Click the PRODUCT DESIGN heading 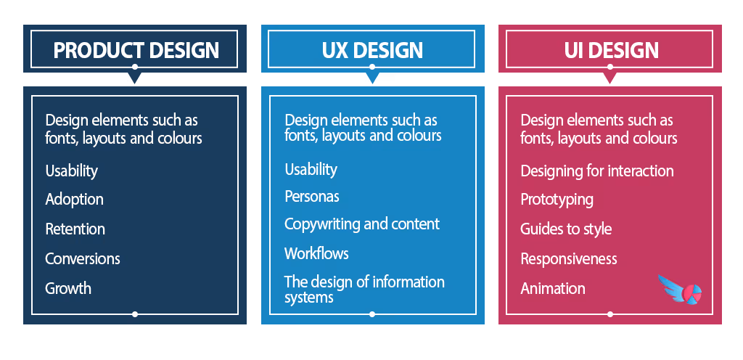pyautogui.click(x=136, y=49)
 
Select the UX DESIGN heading pyautogui.click(x=372, y=49)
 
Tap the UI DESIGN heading pyautogui.click(x=611, y=49)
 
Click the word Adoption pyautogui.click(x=74, y=200)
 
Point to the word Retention pyautogui.click(x=75, y=229)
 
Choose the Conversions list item pyautogui.click(x=82, y=259)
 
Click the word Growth pyautogui.click(x=68, y=288)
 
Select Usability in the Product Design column pyautogui.click(x=71, y=171)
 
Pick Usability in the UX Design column pyautogui.click(x=311, y=169)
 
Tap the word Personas pyautogui.click(x=311, y=197)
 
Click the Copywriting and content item pyautogui.click(x=361, y=224)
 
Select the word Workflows pyautogui.click(x=316, y=253)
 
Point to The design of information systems pyautogui.click(x=364, y=289)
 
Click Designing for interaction pyautogui.click(x=596, y=171)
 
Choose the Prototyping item pyautogui.click(x=557, y=200)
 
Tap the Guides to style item pyautogui.click(x=566, y=229)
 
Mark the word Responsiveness pyautogui.click(x=569, y=259)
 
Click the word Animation pyautogui.click(x=552, y=288)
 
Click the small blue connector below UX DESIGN pyautogui.click(x=372, y=79)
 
